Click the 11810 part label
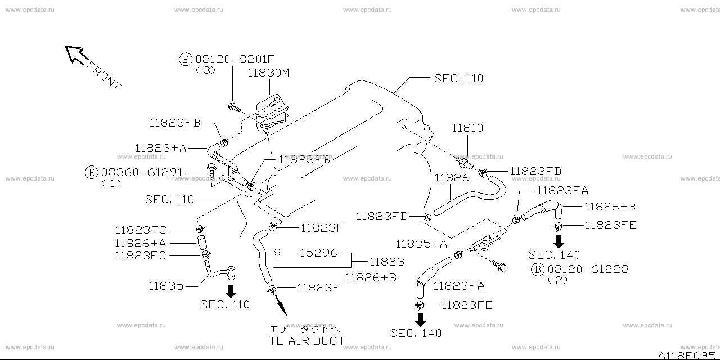[x=467, y=128]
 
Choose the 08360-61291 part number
[x=141, y=172]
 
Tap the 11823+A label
[x=160, y=148]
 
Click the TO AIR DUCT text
[x=307, y=340]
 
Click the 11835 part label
[x=166, y=286]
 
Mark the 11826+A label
[x=140, y=243]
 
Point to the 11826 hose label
[x=452, y=178]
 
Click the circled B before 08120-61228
[x=538, y=269]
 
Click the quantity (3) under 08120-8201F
[x=205, y=70]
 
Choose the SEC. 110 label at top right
[x=458, y=79]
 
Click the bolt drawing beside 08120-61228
[x=499, y=265]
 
